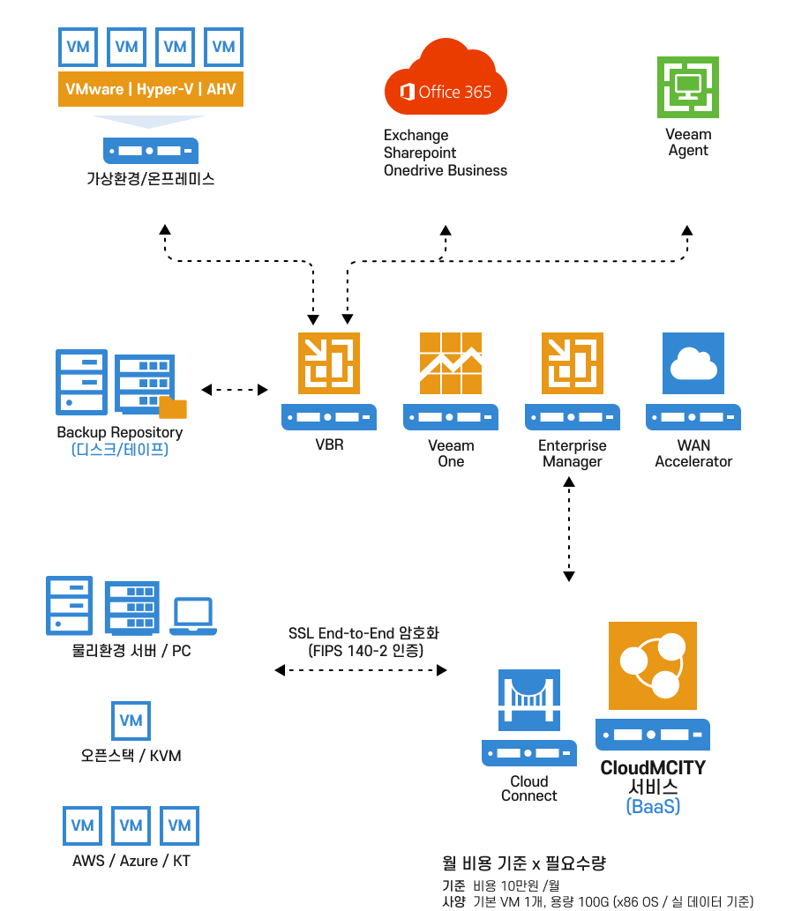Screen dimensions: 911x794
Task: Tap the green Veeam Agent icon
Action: pyautogui.click(x=687, y=87)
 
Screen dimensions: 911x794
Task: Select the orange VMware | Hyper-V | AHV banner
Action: pyautogui.click(x=150, y=90)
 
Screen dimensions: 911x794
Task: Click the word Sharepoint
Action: pyautogui.click(x=419, y=153)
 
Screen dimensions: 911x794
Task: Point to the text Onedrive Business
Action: pyautogui.click(x=445, y=170)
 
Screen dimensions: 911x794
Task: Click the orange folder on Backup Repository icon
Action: pyautogui.click(x=173, y=407)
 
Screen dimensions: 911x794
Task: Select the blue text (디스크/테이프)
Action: pyautogui.click(x=119, y=450)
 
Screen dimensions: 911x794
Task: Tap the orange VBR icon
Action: pyautogui.click(x=329, y=362)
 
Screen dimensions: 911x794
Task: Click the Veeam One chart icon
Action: pyautogui.click(x=450, y=362)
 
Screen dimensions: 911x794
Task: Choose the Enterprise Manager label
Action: pyautogui.click(x=572, y=453)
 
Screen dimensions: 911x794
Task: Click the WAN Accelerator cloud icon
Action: pyautogui.click(x=693, y=362)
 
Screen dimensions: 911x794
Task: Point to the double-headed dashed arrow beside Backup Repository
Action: pyautogui.click(x=234, y=389)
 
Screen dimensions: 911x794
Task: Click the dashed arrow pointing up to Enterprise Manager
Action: pyautogui.click(x=568, y=490)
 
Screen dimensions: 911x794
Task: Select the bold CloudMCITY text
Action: pyautogui.click(x=653, y=767)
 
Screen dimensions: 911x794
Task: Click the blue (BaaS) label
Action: pyautogui.click(x=653, y=806)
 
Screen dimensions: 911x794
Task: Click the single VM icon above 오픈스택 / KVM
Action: pyautogui.click(x=131, y=721)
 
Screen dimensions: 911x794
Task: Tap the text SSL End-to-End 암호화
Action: pyautogui.click(x=363, y=634)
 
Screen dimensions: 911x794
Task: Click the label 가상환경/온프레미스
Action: pyautogui.click(x=150, y=179)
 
